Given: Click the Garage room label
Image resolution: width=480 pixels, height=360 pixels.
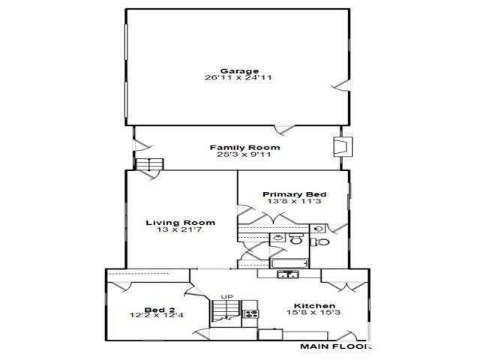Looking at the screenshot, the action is tap(239, 71).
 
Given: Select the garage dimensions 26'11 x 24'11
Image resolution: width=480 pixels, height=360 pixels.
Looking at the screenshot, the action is tap(238, 77).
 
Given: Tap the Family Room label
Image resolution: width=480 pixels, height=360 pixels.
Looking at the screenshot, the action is tap(244, 148).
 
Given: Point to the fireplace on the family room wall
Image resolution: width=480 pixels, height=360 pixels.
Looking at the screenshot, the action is tap(343, 147).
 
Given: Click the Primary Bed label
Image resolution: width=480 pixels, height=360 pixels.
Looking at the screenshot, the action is tap(295, 194).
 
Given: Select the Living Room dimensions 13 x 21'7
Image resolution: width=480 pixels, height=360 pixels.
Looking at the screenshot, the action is tap(179, 229).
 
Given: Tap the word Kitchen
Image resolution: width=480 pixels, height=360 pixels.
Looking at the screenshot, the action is tap(314, 306).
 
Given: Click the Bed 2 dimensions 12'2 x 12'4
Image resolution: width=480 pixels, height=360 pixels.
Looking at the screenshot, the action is tap(157, 315).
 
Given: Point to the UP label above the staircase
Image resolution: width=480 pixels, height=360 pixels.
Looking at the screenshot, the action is tap(226, 297).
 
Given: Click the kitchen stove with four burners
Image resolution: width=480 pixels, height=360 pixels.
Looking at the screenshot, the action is tap(250, 313).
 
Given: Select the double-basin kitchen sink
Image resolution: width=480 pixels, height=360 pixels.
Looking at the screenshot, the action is tap(288, 274).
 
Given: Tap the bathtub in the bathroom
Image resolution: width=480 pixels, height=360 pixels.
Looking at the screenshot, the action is tap(289, 263).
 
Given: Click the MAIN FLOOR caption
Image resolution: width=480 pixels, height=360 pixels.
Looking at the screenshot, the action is tap(335, 346).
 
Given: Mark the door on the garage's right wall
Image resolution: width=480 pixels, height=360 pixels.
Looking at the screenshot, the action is tap(342, 85).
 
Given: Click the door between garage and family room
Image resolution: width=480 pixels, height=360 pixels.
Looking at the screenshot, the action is tap(285, 130).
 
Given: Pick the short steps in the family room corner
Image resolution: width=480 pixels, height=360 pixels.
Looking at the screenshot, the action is tap(149, 164).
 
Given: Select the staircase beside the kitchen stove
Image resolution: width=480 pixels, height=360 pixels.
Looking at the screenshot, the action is tap(225, 310).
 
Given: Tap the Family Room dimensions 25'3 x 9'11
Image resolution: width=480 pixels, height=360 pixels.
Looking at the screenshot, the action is tap(244, 154).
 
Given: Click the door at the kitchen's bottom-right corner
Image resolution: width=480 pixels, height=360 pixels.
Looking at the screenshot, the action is tap(348, 335).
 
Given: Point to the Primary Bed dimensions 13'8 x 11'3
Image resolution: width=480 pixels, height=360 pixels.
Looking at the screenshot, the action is tap(294, 201).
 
